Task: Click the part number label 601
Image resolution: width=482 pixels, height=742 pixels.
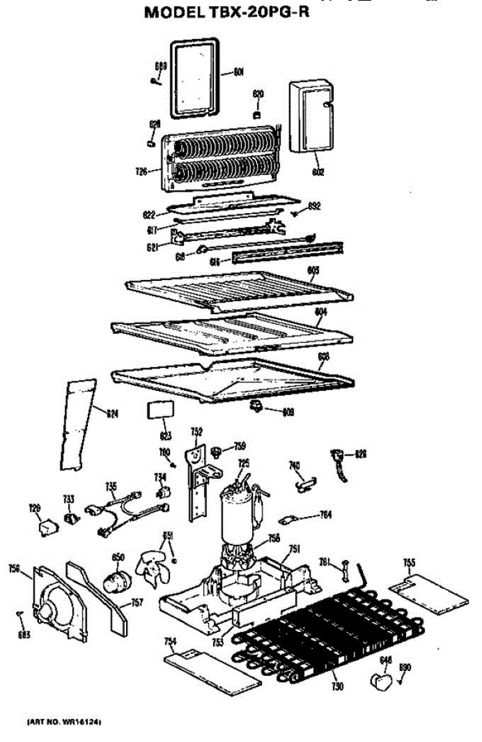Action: pyautogui.click(x=239, y=72)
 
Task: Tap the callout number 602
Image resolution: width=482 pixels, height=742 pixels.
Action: pyautogui.click(x=318, y=173)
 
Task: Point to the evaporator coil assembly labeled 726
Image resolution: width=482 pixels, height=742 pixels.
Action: pyautogui.click(x=222, y=161)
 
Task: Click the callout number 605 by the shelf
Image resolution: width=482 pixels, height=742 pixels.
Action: pyautogui.click(x=313, y=270)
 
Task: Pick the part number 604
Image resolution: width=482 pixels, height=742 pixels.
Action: pyautogui.click(x=320, y=312)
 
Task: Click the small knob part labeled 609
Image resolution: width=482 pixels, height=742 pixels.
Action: pyautogui.click(x=255, y=406)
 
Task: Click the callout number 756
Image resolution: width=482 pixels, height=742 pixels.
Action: pyautogui.click(x=14, y=569)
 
